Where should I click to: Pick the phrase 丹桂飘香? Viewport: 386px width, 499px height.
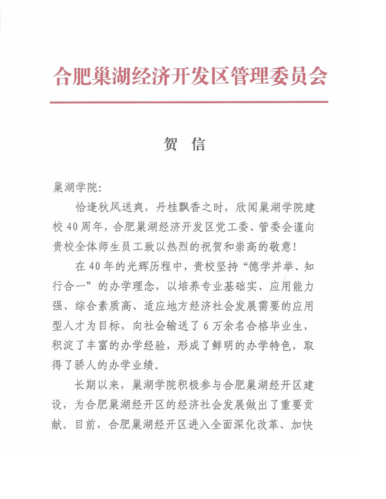pyautogui.click(x=181, y=208)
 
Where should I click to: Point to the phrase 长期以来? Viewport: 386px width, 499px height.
pyautogui.click(x=98, y=386)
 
